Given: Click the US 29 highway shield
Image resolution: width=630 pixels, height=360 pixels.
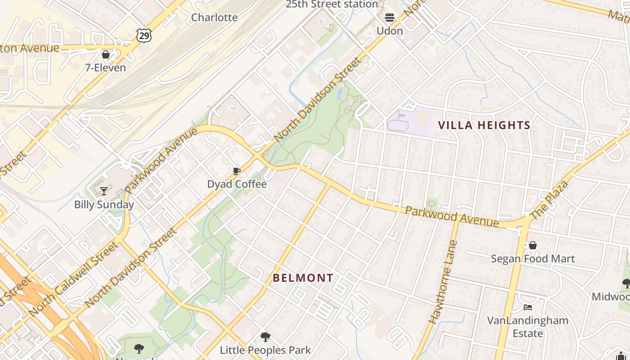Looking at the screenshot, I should (144, 36).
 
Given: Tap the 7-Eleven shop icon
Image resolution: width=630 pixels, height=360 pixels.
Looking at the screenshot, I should (106, 54).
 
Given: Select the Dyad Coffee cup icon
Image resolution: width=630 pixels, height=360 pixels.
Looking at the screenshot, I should (237, 171).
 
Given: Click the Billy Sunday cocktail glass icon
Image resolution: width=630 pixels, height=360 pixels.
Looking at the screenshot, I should (104, 191).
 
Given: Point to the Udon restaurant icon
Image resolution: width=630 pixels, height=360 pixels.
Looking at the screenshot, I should (390, 18).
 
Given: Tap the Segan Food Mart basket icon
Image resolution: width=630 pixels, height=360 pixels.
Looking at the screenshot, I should (533, 245).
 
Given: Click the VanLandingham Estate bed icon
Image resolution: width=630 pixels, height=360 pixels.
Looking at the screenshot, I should (528, 307).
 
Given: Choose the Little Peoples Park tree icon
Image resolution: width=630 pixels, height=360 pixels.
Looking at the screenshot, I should (265, 337).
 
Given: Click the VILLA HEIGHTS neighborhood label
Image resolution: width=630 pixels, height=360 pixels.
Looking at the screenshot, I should (484, 125).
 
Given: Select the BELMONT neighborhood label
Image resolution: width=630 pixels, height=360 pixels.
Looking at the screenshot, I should (303, 278).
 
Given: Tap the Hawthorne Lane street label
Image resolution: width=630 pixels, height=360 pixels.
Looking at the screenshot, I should (443, 282).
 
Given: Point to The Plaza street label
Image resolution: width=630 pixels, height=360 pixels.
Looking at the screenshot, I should (550, 200).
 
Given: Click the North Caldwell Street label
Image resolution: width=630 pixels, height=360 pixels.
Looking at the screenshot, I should (75, 279).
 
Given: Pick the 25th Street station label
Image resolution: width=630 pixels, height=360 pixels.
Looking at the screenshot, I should (332, 4).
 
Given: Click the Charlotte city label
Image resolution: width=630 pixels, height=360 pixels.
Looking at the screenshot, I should (214, 18).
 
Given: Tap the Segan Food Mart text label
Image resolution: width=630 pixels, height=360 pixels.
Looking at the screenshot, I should (533, 259).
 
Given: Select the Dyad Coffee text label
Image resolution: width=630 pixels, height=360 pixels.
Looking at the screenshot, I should (237, 184).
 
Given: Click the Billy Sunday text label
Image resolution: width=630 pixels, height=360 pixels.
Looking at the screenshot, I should (104, 205).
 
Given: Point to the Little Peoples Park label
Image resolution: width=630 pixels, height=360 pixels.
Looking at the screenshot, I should (265, 350).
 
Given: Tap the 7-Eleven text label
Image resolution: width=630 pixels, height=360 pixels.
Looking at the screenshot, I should (106, 68).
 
